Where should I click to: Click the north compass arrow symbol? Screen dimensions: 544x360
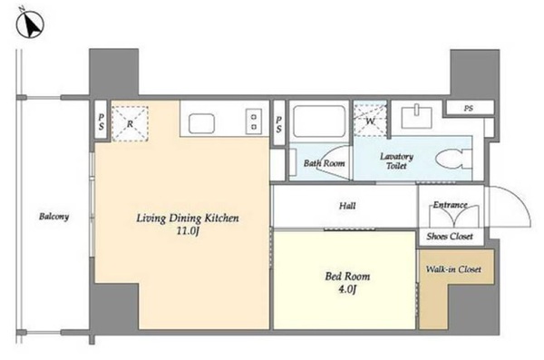point(30,24)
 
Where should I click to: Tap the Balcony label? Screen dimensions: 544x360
point(53,217)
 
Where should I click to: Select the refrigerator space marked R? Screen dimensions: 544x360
point(130,123)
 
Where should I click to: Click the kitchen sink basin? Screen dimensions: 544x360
point(201,123)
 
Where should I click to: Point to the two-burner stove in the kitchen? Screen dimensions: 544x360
point(254,122)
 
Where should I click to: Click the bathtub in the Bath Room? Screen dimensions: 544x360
point(319,122)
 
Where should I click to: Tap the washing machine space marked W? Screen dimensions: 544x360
point(370,119)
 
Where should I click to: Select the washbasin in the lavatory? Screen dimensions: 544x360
point(417,117)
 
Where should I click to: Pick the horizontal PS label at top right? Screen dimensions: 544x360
point(469,108)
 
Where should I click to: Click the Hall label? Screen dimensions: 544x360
point(347,206)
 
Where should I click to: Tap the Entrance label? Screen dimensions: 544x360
point(450,205)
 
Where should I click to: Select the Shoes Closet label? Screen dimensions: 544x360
point(450,237)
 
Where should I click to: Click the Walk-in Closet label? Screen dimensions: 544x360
point(453,269)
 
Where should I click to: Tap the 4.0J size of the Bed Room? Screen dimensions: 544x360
point(347,289)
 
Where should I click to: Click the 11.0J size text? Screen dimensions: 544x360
point(188,231)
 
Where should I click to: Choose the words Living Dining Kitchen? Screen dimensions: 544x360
point(188,218)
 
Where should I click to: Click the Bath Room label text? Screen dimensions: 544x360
point(324,163)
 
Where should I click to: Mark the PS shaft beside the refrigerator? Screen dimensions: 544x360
point(101,120)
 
